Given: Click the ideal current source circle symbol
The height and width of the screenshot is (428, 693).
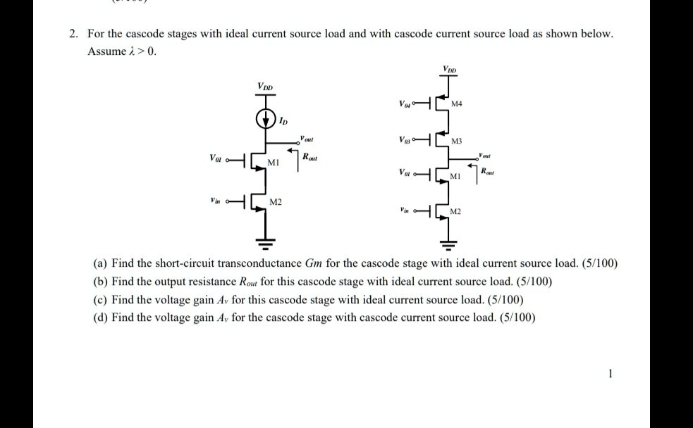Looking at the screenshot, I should (266, 118).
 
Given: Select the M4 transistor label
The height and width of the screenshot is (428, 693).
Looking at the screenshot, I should (457, 104).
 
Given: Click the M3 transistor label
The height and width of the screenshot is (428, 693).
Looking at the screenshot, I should (457, 142).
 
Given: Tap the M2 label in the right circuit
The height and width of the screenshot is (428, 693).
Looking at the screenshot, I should (457, 212).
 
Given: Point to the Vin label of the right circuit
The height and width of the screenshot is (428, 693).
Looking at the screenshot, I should (405, 210).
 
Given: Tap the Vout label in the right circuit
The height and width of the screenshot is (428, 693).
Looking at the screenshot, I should (485, 154).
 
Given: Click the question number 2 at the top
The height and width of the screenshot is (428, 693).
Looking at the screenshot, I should (73, 34).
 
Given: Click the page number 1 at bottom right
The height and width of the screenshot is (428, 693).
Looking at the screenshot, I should (611, 374).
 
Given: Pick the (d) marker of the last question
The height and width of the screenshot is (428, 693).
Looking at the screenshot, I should (101, 317).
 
